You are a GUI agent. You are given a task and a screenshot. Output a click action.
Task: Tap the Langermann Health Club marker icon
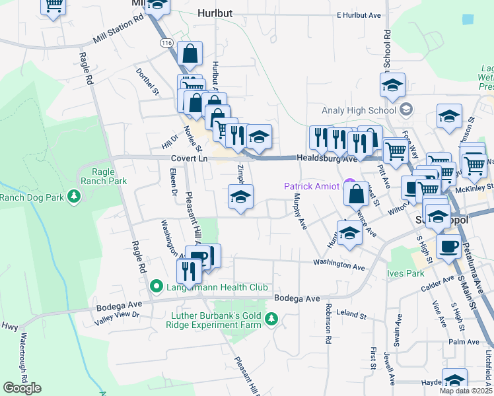point(157,287)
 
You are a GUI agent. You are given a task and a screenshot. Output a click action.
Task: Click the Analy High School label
point(357,110)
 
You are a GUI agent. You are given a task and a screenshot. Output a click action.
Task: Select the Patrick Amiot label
point(312,186)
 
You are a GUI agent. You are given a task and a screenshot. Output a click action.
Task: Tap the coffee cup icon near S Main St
point(449,247)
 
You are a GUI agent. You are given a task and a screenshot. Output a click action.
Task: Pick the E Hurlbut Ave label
point(359,15)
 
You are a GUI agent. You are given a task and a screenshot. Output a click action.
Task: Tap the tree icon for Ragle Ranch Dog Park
point(75,196)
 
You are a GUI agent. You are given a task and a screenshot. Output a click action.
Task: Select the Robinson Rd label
point(328,323)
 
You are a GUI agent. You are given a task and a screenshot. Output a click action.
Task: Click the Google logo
point(22,388)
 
